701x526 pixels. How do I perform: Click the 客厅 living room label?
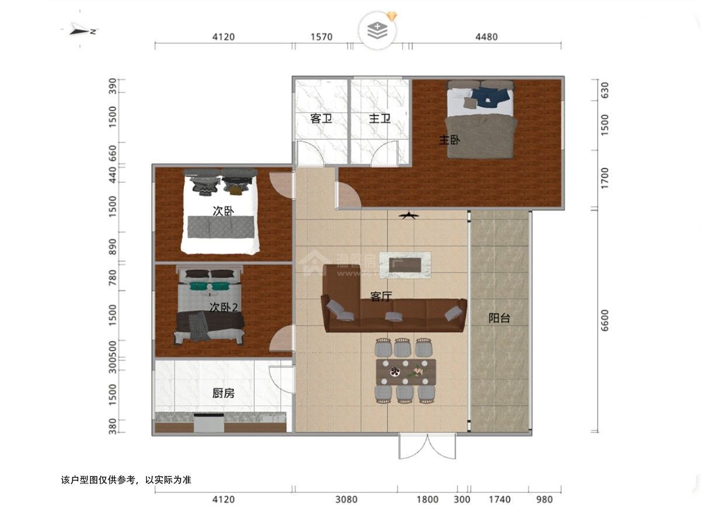381,297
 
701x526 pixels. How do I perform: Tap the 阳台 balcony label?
499,319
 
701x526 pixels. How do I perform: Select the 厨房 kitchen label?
223,393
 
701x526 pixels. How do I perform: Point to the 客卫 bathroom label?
321,119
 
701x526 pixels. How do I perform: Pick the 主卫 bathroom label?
380,119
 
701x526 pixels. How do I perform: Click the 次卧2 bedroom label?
227,307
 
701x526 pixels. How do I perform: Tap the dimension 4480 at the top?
486,37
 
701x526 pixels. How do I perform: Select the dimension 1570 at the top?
321,37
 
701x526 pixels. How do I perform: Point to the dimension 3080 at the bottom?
346,500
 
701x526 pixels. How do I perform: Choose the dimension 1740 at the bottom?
499,500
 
